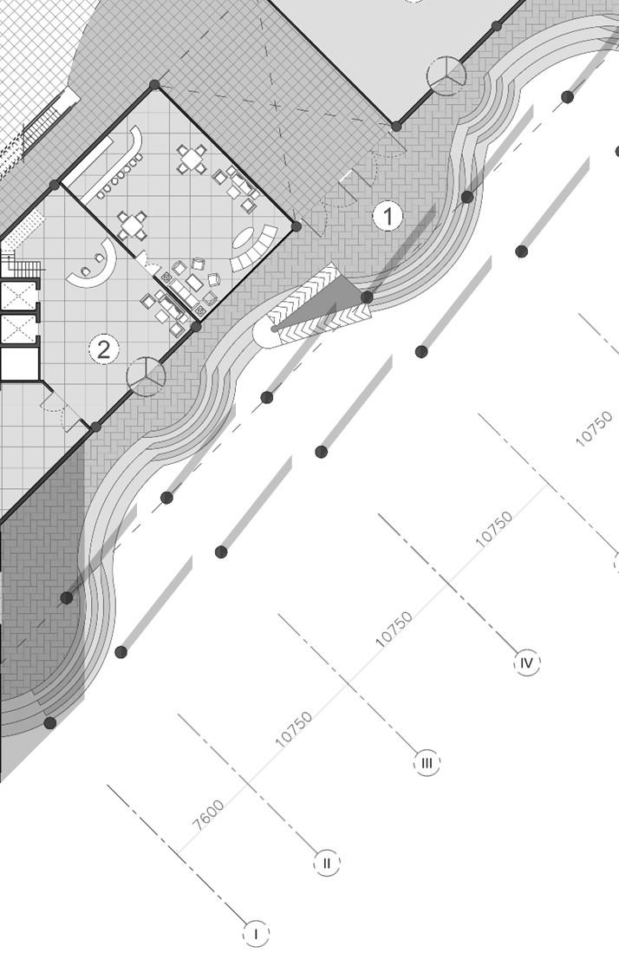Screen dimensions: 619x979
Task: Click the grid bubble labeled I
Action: (257, 934)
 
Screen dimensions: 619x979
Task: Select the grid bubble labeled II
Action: (327, 863)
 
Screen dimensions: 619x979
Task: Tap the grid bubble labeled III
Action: (427, 763)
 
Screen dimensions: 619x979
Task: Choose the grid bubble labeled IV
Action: (527, 663)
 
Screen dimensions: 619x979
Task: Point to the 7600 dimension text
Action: (209, 815)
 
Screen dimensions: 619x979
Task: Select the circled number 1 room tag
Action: (388, 216)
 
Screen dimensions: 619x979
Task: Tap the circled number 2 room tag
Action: (104, 349)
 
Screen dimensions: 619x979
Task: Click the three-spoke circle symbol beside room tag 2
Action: (146, 375)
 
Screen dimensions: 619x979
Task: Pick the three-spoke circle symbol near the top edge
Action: (446, 75)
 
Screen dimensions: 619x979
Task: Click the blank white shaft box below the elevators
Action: (17, 363)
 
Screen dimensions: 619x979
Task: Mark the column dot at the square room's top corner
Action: (155, 85)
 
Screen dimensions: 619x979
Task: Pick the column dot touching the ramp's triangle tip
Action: (367, 297)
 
